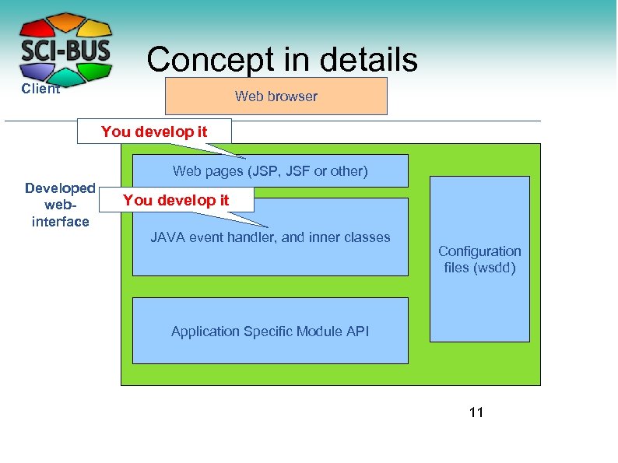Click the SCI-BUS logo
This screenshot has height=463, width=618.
click(x=65, y=48)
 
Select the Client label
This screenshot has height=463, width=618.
click(x=40, y=89)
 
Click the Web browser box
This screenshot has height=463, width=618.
click(x=276, y=96)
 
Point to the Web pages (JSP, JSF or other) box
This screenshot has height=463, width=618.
click(x=270, y=171)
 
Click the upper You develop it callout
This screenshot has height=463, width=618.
click(x=154, y=132)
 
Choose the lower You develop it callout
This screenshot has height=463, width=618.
click(x=176, y=200)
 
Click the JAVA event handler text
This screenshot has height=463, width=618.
click(x=270, y=237)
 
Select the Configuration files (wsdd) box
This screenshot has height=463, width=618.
click(x=479, y=259)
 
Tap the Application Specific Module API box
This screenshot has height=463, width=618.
click(x=270, y=331)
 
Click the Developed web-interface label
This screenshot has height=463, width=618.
click(x=60, y=205)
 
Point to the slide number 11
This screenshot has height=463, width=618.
click(x=476, y=412)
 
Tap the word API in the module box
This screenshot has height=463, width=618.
click(x=358, y=331)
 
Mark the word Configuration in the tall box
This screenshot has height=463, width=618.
click(x=479, y=251)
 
